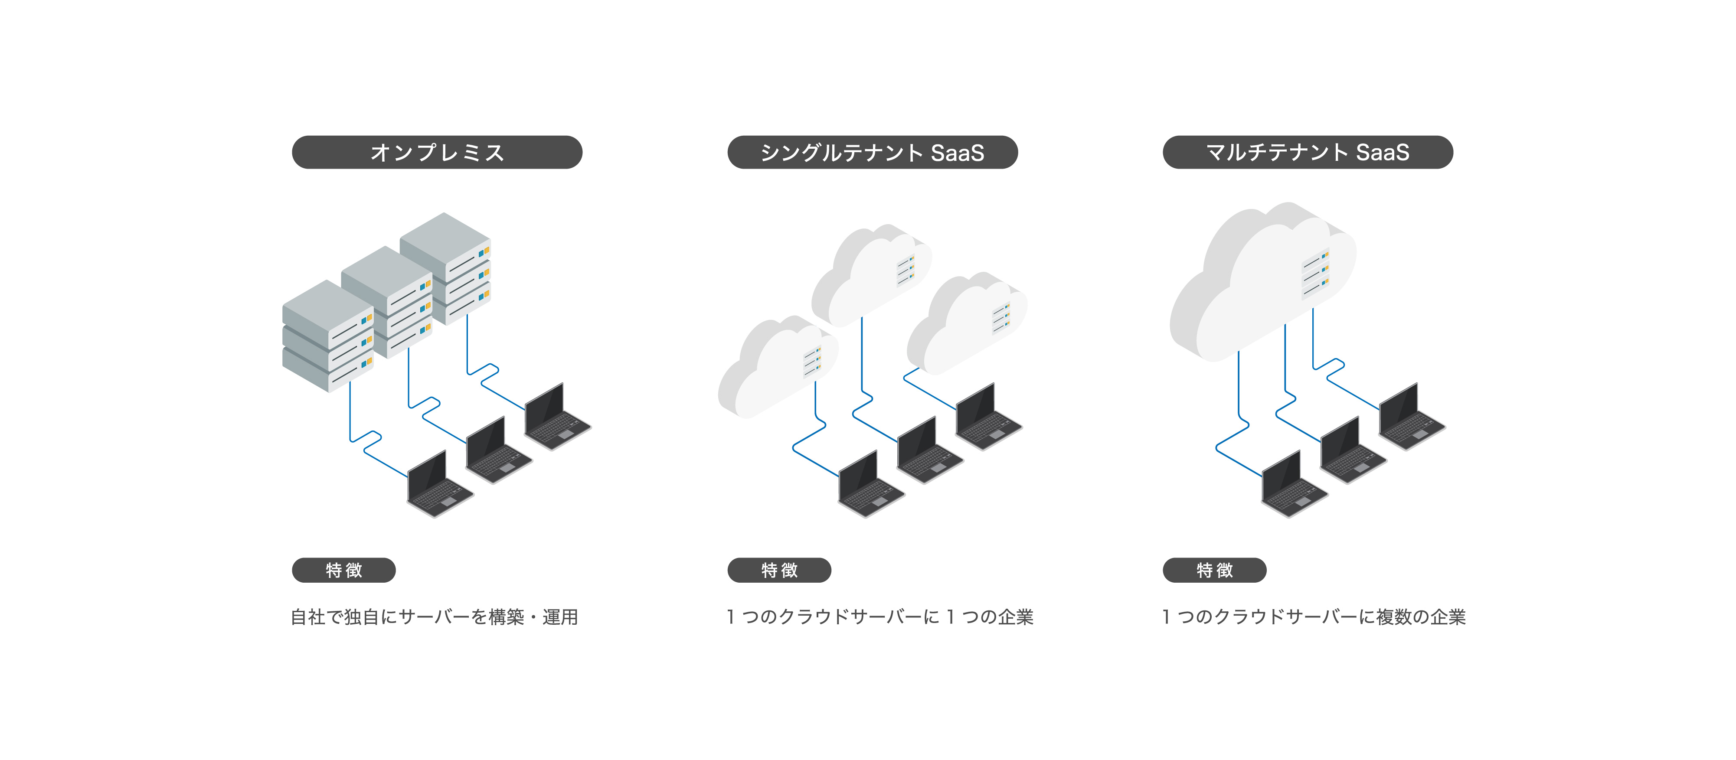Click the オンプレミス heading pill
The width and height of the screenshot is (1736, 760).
(437, 152)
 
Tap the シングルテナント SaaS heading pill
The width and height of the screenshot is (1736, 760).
(872, 152)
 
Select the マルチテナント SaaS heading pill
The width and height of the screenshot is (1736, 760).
(1308, 152)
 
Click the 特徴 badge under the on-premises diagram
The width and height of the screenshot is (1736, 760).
(344, 570)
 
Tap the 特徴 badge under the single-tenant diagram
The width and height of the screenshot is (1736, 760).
(779, 570)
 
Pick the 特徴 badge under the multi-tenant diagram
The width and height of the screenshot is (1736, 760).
(1214, 570)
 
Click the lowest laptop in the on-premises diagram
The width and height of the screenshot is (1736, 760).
(439, 485)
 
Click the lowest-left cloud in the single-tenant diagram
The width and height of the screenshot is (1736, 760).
(775, 367)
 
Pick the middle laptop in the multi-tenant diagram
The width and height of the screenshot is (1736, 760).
(1351, 451)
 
